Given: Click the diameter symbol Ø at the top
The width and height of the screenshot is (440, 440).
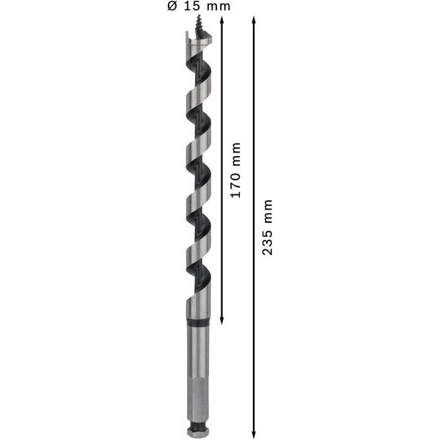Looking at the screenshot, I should pyautogui.click(x=172, y=7).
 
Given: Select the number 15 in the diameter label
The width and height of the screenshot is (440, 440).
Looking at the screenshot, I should pyautogui.click(x=191, y=7).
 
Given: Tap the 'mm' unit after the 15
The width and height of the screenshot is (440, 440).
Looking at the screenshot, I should pyautogui.click(x=219, y=7).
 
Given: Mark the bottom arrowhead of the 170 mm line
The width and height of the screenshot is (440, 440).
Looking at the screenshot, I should pyautogui.click(x=221, y=323).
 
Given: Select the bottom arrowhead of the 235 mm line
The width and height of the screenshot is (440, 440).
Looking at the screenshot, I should pyautogui.click(x=254, y=433).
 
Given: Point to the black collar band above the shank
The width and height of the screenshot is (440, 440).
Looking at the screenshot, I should pyautogui.click(x=197, y=322).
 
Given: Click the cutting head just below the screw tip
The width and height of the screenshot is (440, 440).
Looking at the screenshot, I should pyautogui.click(x=197, y=45).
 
